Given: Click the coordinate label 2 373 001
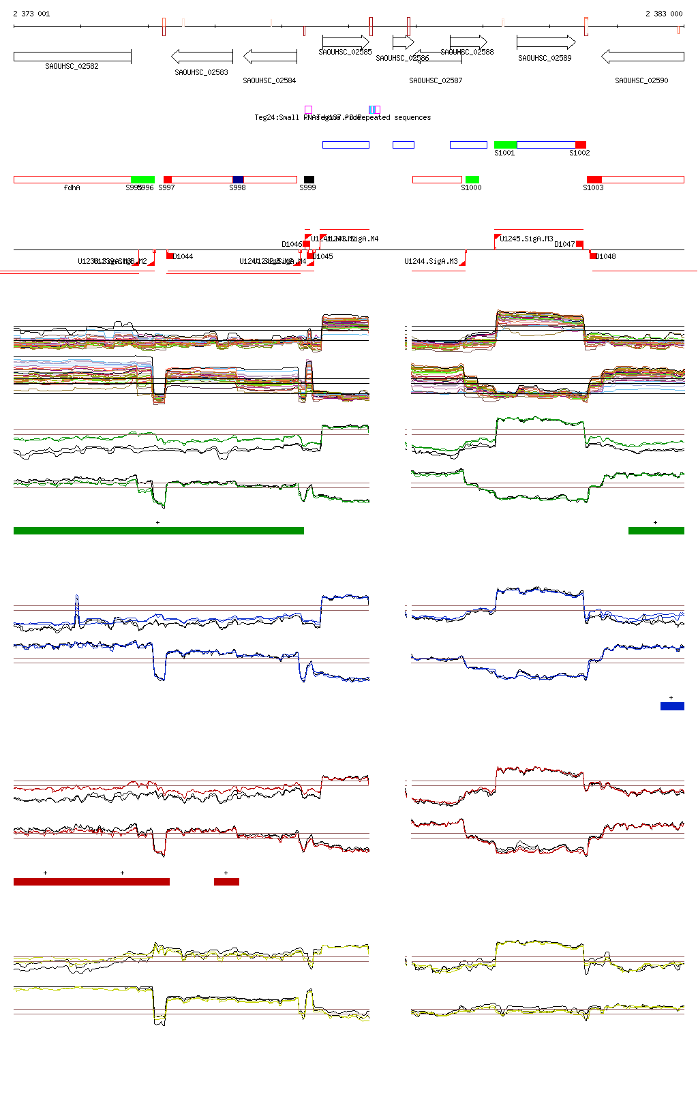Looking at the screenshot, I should click(31, 14).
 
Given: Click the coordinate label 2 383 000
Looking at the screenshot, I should click(664, 14).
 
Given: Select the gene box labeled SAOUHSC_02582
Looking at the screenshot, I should click(72, 57).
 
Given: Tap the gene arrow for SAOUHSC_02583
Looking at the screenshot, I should click(202, 56).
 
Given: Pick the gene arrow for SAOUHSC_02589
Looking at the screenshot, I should click(546, 43).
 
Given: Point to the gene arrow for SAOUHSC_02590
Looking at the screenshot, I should click(642, 56).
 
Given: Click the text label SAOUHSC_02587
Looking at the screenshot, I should click(436, 80).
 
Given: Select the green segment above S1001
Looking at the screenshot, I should click(505, 145).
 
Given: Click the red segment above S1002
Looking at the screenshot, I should click(581, 145).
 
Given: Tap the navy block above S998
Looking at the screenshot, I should click(238, 179).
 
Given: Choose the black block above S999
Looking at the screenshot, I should click(309, 179).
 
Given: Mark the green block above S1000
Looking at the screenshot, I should click(472, 179).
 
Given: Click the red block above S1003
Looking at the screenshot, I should click(594, 179).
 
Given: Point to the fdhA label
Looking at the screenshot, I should click(72, 187).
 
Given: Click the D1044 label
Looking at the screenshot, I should click(183, 256).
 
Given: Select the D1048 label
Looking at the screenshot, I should click(605, 256).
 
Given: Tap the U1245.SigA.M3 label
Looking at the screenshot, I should click(526, 239).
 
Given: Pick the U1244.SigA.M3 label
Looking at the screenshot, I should click(431, 261).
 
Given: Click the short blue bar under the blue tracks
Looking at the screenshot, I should click(672, 706).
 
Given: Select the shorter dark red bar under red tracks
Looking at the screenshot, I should click(226, 881).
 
